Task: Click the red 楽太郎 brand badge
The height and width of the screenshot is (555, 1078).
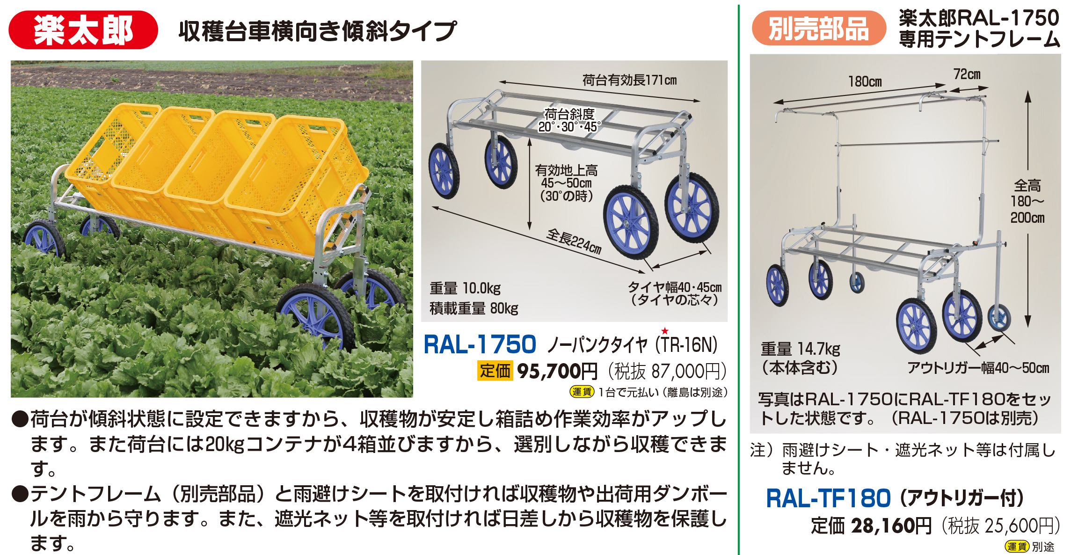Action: pyautogui.click(x=83, y=30)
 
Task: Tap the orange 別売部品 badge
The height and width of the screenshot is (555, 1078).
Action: pyautogui.click(x=819, y=28)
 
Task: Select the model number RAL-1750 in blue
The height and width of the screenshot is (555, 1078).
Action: pyautogui.click(x=480, y=344)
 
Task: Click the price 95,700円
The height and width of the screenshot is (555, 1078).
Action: pyautogui.click(x=557, y=371)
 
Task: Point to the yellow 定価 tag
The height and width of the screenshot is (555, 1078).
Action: pyautogui.click(x=495, y=371)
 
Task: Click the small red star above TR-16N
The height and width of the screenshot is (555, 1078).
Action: pyautogui.click(x=665, y=331)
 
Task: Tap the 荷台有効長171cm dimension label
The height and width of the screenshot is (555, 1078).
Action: pyautogui.click(x=629, y=80)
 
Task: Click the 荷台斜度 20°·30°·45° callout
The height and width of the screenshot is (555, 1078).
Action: pyautogui.click(x=569, y=120)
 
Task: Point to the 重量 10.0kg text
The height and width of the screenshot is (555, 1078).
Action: pyautogui.click(x=465, y=288)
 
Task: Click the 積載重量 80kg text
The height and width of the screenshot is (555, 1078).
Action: pyautogui.click(x=474, y=308)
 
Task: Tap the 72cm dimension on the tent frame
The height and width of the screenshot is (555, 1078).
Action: pyautogui.click(x=967, y=74)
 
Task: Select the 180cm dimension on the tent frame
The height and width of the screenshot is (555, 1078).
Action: pyautogui.click(x=865, y=82)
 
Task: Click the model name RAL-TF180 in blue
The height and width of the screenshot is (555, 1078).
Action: pyautogui.click(x=828, y=498)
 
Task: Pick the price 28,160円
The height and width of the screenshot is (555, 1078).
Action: pyautogui.click(x=891, y=526)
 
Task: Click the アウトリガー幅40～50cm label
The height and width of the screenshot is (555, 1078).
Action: pyautogui.click(x=978, y=368)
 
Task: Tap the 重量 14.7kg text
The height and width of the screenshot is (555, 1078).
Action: pyautogui.click(x=800, y=349)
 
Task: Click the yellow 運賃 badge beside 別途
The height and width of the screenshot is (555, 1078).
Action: pyautogui.click(x=1016, y=546)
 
